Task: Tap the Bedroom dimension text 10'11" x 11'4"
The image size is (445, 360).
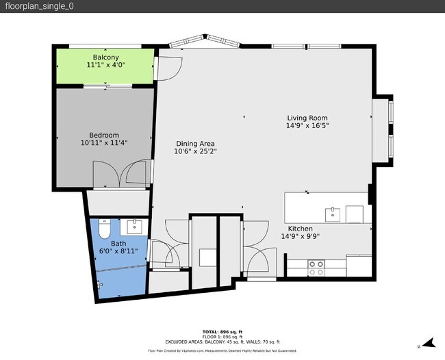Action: point(104,143)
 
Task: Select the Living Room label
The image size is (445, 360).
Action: point(307,118)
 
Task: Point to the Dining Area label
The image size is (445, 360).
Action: point(195,144)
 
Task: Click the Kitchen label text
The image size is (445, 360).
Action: point(300,229)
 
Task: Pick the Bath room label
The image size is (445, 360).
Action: point(118,243)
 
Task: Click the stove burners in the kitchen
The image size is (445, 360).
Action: point(316,268)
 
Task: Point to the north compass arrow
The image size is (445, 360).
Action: point(429,343)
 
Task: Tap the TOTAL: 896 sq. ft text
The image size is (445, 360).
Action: point(222,331)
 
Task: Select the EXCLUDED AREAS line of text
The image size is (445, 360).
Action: point(222,342)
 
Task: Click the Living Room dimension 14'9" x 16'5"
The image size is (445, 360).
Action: point(307,126)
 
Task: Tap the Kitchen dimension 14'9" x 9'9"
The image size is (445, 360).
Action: point(300,237)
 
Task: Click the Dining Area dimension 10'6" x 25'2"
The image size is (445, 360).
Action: point(195,152)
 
